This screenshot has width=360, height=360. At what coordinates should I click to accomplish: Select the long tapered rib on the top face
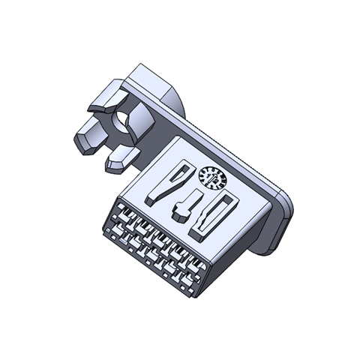tap(166, 183)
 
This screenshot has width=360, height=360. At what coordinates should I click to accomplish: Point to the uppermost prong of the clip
tap(105, 98)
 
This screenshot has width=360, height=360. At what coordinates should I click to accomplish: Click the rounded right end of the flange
tap(285, 214)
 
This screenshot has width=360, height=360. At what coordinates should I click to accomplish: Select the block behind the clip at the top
tap(154, 82)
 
